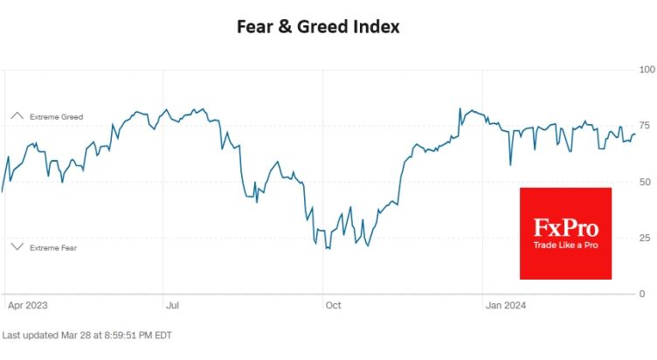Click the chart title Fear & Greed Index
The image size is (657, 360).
pos(318,27)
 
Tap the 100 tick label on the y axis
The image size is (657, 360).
pos(647,70)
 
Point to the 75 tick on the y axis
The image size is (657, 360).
pos(645,125)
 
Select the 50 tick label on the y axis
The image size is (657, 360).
pos(645,182)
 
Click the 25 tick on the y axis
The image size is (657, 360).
pos(645,238)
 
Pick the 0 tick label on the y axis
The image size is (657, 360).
pos(642,294)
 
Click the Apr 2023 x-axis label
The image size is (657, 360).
pos(28,305)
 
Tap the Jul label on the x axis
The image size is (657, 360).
pos(172,305)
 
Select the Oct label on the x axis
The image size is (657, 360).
pos(334,305)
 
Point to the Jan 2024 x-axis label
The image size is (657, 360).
pos(505,305)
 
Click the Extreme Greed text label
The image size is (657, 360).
pos(56,117)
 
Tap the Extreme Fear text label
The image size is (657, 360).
pos(53,248)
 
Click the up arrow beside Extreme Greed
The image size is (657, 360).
pos(17,115)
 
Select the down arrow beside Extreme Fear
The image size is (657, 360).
pos(17,246)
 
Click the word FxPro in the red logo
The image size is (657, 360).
pos(565,228)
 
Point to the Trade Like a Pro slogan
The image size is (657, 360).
pos(565,246)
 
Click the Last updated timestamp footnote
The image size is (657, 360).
pos(87,336)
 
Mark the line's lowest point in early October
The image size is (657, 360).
pos(329,249)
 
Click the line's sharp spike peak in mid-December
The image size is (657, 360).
pos(460,108)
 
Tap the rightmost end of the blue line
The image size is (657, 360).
pos(635,134)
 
